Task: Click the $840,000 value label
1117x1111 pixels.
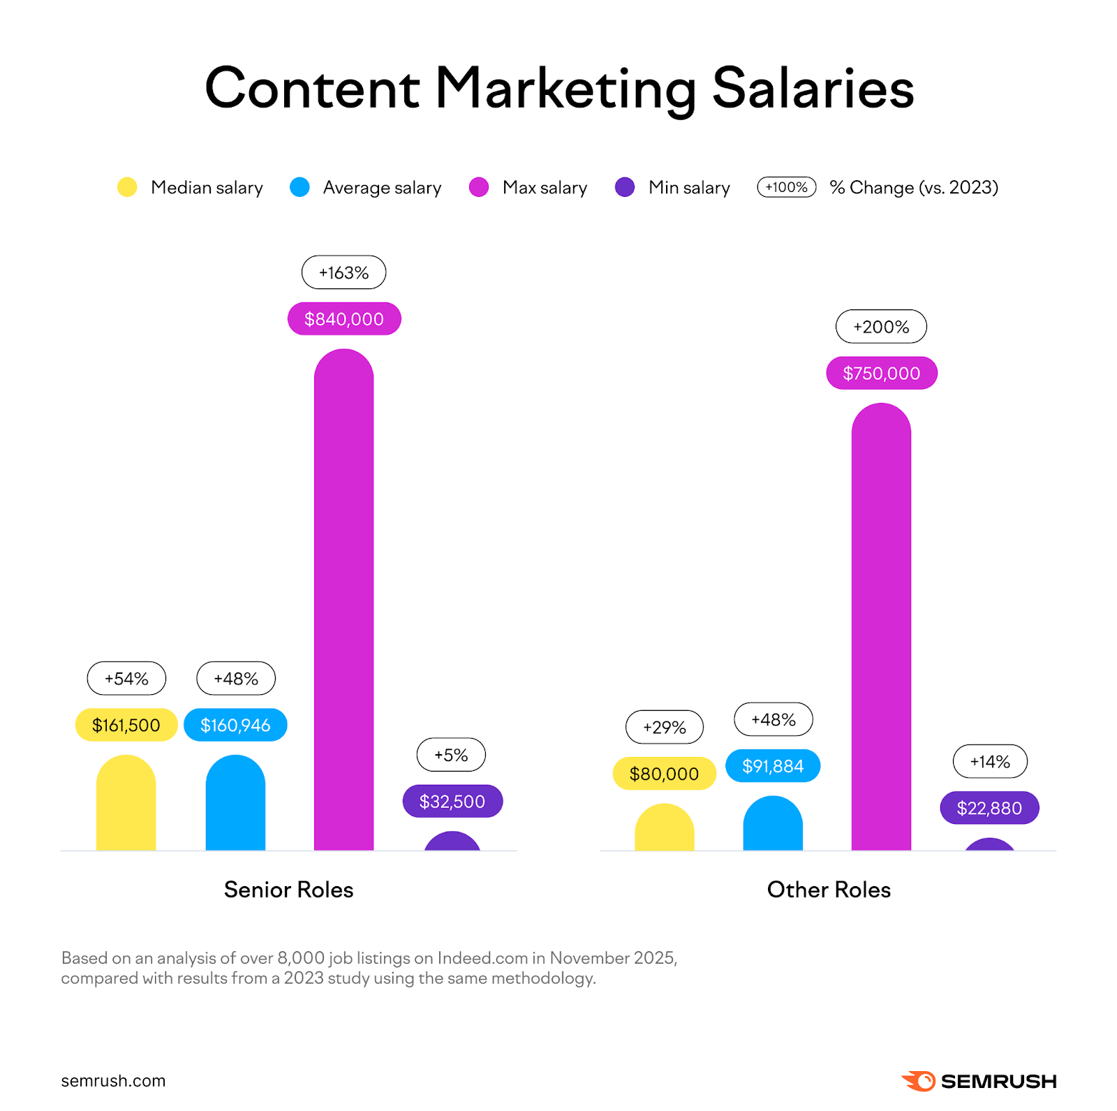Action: click(x=344, y=319)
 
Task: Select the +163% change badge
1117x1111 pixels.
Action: click(x=343, y=272)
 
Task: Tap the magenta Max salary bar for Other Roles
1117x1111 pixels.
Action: click(x=881, y=628)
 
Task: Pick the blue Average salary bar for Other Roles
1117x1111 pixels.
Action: click(x=773, y=825)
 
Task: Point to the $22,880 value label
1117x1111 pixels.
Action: click(x=989, y=808)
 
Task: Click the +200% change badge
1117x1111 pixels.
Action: click(x=881, y=327)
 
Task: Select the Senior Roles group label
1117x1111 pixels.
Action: click(x=288, y=890)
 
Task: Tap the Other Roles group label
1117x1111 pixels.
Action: click(x=829, y=890)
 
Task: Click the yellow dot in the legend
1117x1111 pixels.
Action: click(x=127, y=187)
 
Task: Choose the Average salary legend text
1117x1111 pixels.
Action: click(x=382, y=188)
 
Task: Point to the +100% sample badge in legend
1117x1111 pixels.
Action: click(x=787, y=187)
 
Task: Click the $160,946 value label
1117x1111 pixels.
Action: click(x=235, y=726)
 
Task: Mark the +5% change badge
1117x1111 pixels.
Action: click(x=451, y=755)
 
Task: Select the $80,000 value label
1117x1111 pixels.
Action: click(x=664, y=774)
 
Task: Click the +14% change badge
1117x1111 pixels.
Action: click(x=990, y=762)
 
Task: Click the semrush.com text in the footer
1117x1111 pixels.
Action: click(x=113, y=1081)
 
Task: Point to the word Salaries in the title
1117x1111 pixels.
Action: click(x=813, y=89)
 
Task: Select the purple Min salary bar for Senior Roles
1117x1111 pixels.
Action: click(x=452, y=841)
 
